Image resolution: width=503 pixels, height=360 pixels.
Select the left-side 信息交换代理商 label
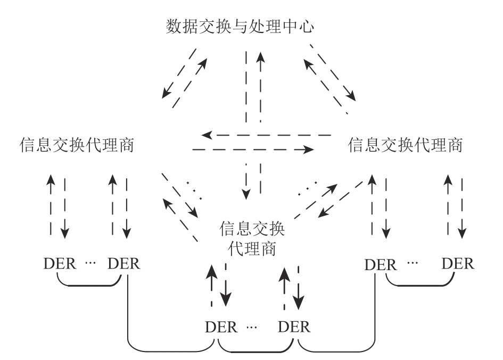(76, 145)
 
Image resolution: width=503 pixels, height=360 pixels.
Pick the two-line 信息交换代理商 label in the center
(252, 238)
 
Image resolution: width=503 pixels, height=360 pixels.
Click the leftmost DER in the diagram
(60, 264)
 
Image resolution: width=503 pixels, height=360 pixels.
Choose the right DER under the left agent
(124, 264)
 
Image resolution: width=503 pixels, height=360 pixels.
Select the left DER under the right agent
(380, 264)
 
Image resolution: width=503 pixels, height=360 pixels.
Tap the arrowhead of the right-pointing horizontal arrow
(308, 150)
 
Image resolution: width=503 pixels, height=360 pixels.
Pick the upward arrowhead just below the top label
(260, 57)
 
